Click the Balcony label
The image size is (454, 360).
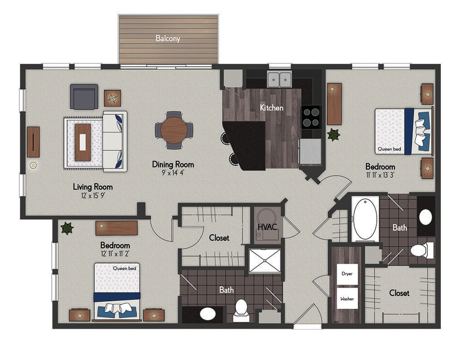168,38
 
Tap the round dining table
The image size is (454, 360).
174,130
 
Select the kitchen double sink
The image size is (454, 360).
279,79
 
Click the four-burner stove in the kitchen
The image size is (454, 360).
311,117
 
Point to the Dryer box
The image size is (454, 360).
347,274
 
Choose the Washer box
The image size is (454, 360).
347,298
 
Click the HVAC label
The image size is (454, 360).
267,227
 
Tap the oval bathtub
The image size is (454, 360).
365,219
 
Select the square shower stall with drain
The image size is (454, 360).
265,261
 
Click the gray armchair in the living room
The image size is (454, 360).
84,97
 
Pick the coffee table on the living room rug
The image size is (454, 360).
83,142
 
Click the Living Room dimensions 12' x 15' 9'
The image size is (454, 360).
93,196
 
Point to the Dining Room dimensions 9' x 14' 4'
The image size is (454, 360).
173,173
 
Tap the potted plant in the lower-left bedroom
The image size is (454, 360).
67,228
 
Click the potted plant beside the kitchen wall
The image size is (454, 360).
333,135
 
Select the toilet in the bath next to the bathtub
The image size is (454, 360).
422,250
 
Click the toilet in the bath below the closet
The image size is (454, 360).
241,311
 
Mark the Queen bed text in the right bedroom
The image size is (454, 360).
390,149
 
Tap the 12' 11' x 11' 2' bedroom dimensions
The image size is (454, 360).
115,254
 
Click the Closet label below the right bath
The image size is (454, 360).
399,293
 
